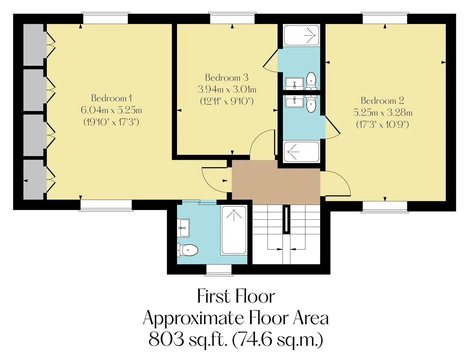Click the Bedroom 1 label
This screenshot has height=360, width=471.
[x=111, y=98]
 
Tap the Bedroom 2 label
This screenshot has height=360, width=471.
[x=382, y=100]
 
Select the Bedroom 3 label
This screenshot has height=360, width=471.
[x=227, y=77]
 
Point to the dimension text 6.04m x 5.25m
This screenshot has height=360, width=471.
[x=111, y=110]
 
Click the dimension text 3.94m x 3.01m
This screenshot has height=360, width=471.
[x=227, y=89]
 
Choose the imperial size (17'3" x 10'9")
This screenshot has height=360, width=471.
[x=382, y=124]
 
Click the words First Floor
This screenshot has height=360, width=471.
[x=236, y=296]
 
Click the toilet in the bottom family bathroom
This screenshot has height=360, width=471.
[x=187, y=250]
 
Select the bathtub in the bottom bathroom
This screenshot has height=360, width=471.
[x=234, y=230]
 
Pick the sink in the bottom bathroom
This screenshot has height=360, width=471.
[x=183, y=228]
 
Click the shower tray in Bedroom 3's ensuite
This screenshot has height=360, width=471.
[x=301, y=35]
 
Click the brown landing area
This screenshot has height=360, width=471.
[x=276, y=182]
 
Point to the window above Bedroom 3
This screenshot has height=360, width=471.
[x=232, y=19]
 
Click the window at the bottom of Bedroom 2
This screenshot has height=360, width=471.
[x=385, y=206]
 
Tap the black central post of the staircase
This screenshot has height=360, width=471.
[x=286, y=220]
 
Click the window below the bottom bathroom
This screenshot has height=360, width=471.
[x=218, y=270]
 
